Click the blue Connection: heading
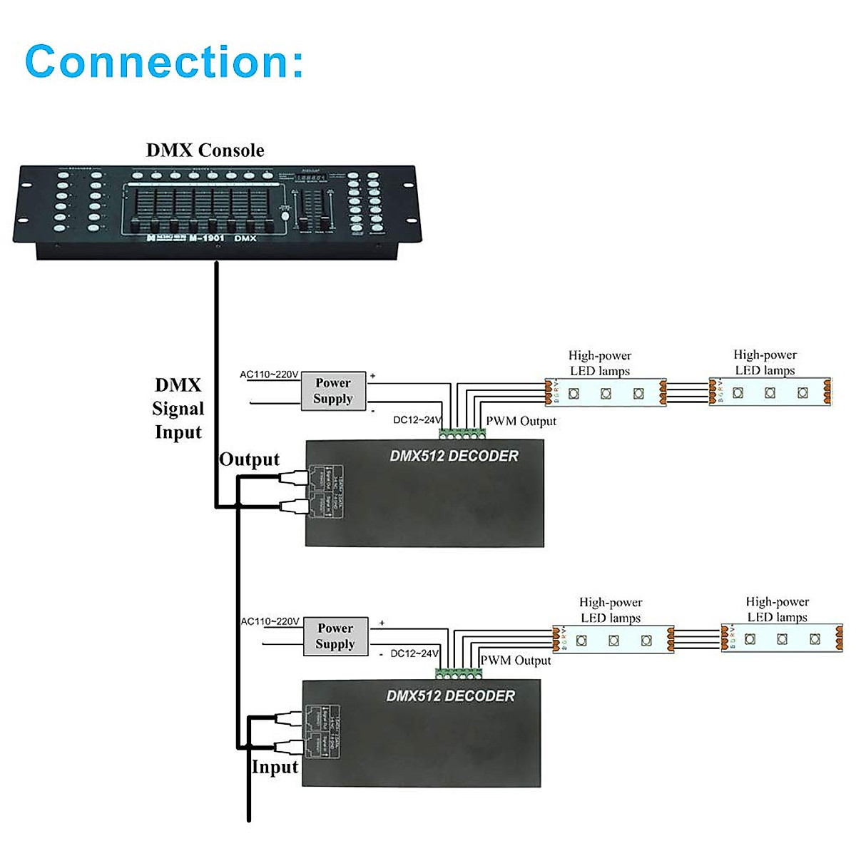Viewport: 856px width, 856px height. (164, 61)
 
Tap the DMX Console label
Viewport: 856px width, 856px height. (205, 151)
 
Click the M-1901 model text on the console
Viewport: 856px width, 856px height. (206, 238)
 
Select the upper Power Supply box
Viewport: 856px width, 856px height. (332, 391)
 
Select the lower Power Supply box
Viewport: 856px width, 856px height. (335, 636)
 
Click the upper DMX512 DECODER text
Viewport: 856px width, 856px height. (454, 456)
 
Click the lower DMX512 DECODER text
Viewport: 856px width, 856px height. (450, 695)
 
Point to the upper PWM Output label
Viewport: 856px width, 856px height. (521, 421)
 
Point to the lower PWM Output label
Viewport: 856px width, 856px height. (515, 661)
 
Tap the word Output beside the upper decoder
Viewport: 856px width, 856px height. (249, 459)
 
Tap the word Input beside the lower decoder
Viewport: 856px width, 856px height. (275, 768)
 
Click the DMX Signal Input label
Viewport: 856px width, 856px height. (178, 409)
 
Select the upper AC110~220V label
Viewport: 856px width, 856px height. (269, 374)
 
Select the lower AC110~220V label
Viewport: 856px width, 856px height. (270, 621)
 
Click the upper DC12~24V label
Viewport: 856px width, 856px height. (417, 420)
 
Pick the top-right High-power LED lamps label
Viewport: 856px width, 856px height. (765, 362)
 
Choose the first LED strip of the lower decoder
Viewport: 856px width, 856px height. (613, 639)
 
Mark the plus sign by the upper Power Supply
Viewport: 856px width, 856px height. (372, 376)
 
